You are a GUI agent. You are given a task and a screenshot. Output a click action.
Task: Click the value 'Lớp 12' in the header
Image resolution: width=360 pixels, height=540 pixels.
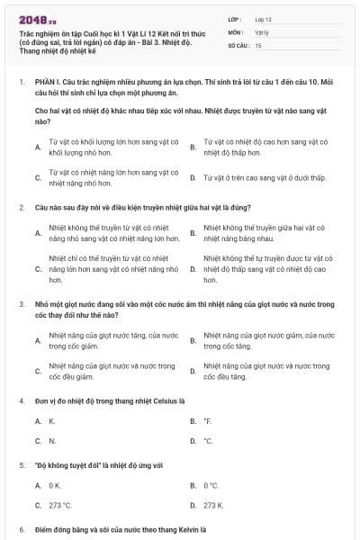[x=264, y=18]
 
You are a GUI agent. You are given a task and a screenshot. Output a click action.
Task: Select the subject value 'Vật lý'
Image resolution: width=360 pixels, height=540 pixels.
[x=262, y=31]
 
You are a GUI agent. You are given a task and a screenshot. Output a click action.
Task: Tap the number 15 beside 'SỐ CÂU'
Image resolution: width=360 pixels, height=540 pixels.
[x=258, y=44]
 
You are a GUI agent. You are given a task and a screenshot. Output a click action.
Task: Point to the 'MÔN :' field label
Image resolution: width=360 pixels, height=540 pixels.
[x=236, y=31]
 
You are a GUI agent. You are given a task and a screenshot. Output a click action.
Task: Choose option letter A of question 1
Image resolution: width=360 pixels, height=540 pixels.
[x=38, y=147]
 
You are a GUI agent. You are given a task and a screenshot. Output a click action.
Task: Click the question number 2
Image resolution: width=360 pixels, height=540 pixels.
[x=22, y=207]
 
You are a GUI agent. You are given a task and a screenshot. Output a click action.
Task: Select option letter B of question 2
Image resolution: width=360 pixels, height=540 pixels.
[x=193, y=233]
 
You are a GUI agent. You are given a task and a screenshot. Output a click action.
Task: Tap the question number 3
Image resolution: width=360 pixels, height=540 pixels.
[x=22, y=305]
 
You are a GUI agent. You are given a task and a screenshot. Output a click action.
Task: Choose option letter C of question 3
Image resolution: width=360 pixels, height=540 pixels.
[x=38, y=371]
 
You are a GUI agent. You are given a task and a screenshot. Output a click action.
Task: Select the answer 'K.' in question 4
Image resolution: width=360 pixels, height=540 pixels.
[x=52, y=420]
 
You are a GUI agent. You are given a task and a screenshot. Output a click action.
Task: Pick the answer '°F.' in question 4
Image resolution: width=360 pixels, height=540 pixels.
[x=208, y=420]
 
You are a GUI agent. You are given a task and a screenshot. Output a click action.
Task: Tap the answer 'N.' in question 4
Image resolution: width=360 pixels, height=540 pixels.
[x=52, y=441]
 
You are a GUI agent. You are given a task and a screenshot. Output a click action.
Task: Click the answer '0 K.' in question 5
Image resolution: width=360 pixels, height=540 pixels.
[x=55, y=485]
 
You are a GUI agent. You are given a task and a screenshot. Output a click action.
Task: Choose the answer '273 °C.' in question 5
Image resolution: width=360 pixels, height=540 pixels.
[x=60, y=506]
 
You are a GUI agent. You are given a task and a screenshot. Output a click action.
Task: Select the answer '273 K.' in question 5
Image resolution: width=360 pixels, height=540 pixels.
[x=214, y=506]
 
